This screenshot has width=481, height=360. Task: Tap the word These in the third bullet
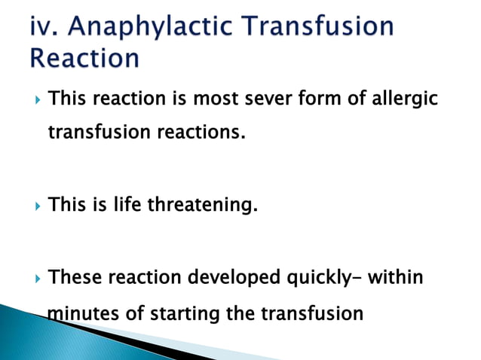[x=75, y=278]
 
